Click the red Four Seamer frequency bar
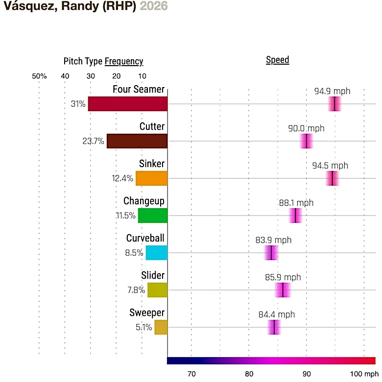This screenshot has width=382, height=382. pos(128,104)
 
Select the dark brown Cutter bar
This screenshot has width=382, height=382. pos(137,141)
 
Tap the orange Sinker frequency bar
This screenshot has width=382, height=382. pos(152,178)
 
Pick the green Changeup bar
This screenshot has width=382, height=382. pos(153,215)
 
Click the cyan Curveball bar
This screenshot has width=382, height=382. pos(157,253)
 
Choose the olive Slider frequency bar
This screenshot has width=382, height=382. pos(158,290)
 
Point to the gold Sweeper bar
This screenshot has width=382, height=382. pos(161,327)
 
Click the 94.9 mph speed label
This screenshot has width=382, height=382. pos(333,91)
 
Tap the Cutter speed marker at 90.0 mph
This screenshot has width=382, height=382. pos(306,141)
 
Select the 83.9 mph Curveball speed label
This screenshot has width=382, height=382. pos(273,240)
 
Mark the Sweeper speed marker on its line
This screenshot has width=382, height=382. pos(274,327)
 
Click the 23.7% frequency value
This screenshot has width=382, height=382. pos(93,142)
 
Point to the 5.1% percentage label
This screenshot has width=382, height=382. pos(144,327)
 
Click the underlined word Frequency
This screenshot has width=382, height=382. pos(124,61)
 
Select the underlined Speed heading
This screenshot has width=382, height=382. pos(278,60)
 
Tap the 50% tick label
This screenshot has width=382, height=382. pos(39,76)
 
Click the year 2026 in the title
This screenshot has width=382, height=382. pos(154,6)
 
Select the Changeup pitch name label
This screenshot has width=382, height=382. pos(144,201)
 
